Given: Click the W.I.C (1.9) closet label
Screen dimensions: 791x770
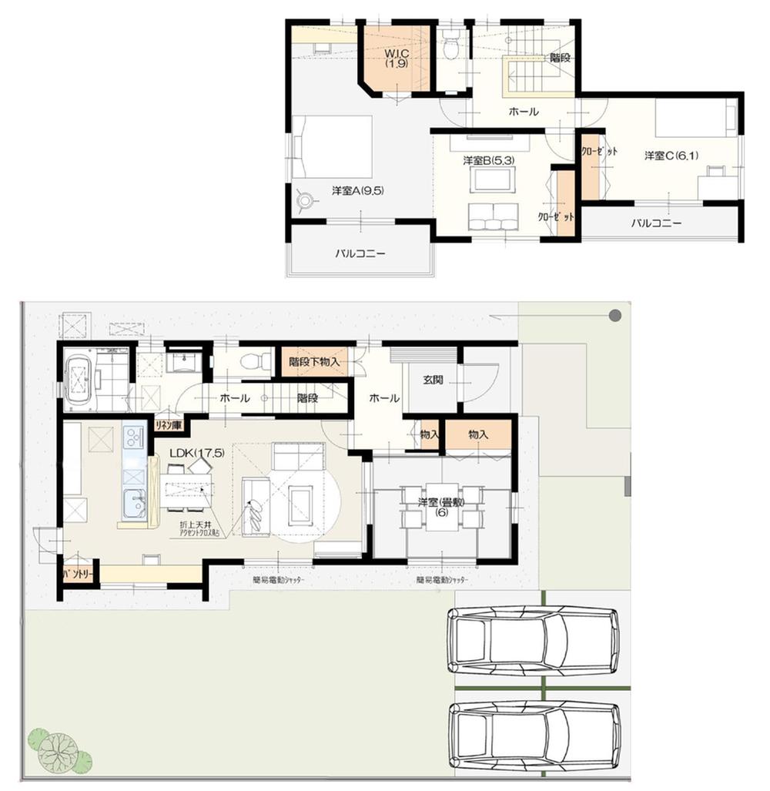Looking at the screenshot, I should tap(397, 58).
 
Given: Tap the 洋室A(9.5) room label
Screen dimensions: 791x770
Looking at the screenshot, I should tap(358, 191).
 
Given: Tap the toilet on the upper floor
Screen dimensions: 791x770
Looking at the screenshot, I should tap(452, 48).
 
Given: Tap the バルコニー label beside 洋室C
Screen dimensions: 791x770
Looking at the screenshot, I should tap(656, 224).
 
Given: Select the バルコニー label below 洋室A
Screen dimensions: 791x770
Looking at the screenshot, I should tap(360, 253).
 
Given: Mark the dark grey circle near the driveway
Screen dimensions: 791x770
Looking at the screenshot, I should tap(614, 315).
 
